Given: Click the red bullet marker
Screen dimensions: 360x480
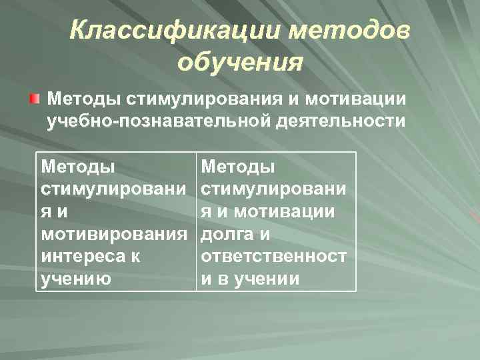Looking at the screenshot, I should tap(34, 99).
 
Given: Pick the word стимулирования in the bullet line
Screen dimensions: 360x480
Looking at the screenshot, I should tap(203, 99).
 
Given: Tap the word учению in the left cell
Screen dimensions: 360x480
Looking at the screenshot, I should tap(75, 279).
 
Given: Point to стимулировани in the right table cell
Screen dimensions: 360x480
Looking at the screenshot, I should tap(274, 189).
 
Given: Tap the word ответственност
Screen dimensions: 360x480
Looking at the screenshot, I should tap(274, 257).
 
